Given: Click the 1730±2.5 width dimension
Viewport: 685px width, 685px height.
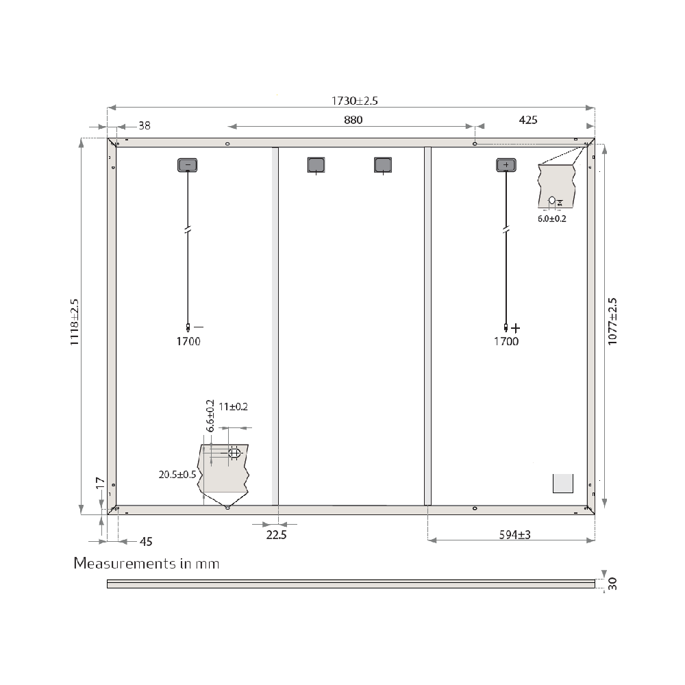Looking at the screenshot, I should click(355, 101).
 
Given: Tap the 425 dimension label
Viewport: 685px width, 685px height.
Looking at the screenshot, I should click(528, 120).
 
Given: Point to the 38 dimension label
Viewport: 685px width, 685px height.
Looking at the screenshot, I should click(145, 125).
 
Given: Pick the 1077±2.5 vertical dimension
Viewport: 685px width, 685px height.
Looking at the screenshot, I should click(612, 321).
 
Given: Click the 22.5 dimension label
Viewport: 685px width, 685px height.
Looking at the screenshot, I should click(276, 535).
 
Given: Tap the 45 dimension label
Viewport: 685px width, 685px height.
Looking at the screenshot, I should click(146, 541).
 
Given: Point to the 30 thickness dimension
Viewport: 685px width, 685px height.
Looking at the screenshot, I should click(612, 584).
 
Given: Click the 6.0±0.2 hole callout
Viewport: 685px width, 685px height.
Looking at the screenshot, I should click(552, 219).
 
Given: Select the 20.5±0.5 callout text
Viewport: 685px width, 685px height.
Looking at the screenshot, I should click(177, 474).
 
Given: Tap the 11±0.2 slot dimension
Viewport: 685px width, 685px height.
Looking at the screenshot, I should click(234, 406).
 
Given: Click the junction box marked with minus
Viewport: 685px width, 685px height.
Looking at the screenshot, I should click(188, 165).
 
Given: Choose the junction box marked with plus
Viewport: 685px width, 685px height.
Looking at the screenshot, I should click(506, 165).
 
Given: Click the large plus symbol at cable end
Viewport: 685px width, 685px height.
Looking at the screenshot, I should click(516, 328).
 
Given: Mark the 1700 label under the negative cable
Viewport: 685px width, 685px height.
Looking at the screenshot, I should click(188, 341).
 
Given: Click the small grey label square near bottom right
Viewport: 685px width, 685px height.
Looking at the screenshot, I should click(562, 483).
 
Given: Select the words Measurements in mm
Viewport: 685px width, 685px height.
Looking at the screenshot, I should click(147, 564).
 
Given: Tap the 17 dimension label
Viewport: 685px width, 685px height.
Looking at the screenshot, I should click(100, 483).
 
